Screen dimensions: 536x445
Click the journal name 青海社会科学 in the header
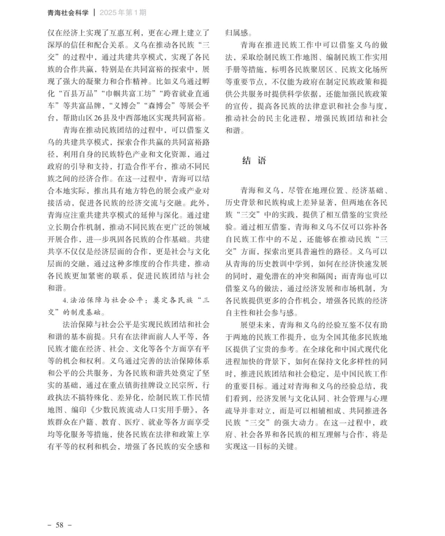(68, 13)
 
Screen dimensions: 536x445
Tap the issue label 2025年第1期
(123, 13)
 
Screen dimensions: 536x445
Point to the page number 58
(59, 525)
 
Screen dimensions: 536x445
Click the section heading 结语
(254, 161)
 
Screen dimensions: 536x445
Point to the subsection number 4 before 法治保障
(65, 300)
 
